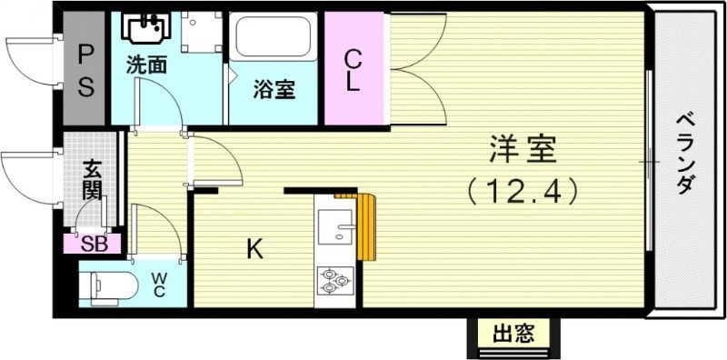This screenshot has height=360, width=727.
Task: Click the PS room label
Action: (x=85, y=71)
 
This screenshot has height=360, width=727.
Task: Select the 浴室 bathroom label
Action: (x=272, y=91)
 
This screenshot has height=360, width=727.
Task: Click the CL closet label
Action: (x=354, y=71)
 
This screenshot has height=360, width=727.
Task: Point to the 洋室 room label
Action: (x=522, y=148)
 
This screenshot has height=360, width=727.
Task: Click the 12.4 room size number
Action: (x=522, y=191)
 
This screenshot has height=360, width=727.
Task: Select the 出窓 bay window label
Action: (x=513, y=334)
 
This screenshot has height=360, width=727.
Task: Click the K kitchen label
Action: (x=254, y=248)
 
